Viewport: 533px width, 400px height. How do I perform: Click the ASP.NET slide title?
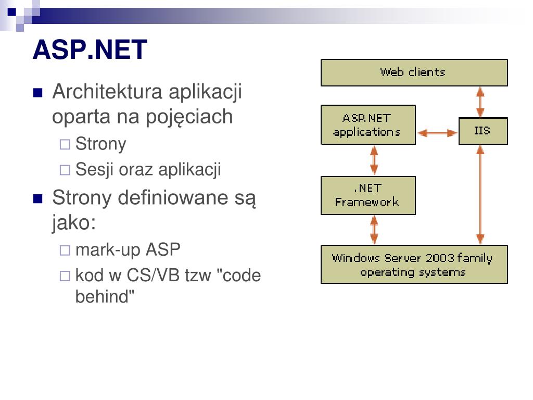point(90,50)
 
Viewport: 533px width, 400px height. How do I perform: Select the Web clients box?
point(414,72)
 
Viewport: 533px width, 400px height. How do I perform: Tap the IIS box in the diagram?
point(483,131)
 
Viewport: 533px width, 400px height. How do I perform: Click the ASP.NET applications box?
point(368,125)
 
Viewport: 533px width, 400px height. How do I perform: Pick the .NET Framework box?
point(368,195)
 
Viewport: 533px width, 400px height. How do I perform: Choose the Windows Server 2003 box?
point(414,265)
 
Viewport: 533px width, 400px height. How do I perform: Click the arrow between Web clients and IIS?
point(480,102)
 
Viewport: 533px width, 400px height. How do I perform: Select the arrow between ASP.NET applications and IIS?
point(437,133)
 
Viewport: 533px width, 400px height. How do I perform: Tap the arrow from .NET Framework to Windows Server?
point(374,230)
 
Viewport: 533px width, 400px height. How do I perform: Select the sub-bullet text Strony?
point(101,144)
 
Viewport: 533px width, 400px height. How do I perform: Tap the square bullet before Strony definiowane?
point(37,199)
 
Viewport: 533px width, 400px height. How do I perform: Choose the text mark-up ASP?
point(128,250)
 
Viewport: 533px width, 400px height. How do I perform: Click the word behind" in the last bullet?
point(105,296)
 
